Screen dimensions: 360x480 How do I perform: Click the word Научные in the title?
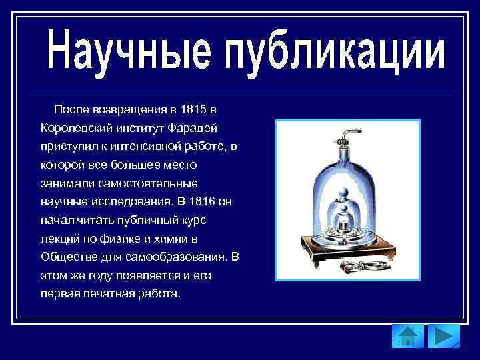pyautogui.click(x=126, y=49)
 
